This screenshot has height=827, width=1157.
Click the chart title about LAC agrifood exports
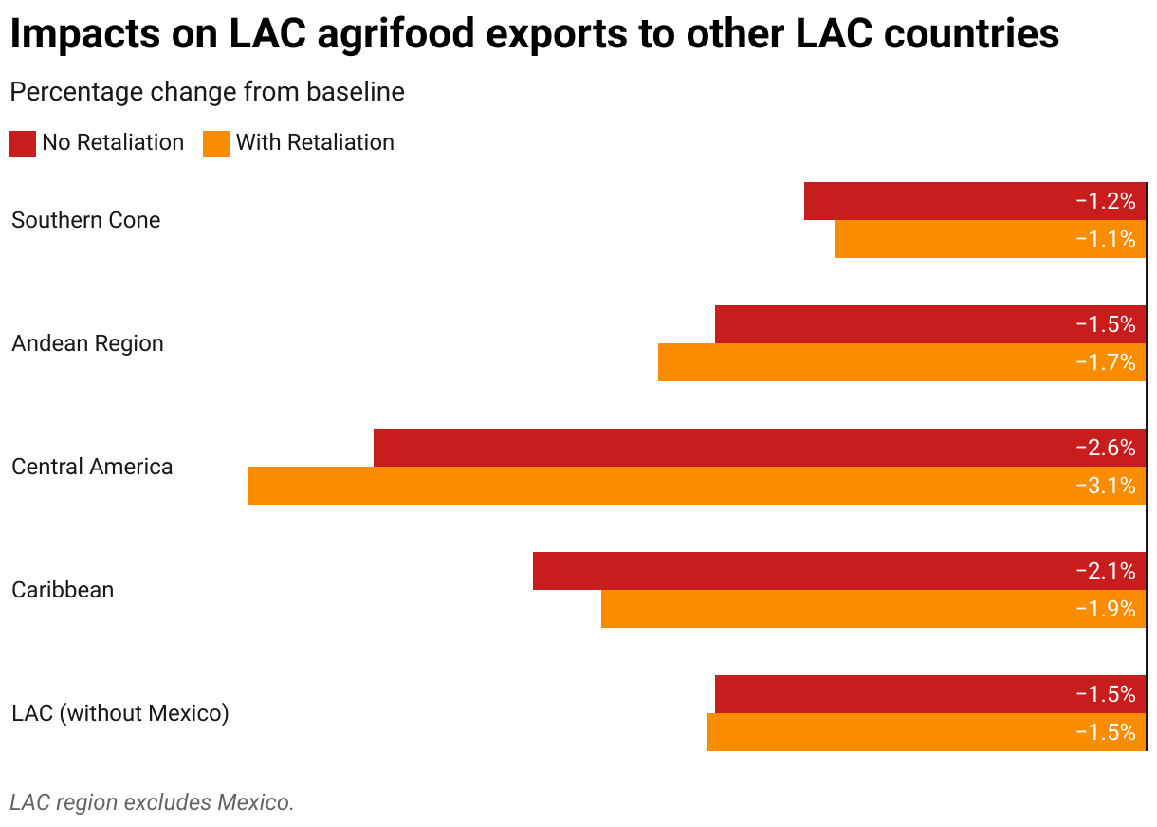pos(534,35)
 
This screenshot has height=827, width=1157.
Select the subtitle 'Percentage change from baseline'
pos(207,92)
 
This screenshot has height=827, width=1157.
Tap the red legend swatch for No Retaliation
pos(23,143)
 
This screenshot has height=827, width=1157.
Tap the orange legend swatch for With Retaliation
pos(216,143)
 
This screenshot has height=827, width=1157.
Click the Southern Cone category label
pos(86,220)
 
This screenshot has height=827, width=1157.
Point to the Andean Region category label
pos(87,343)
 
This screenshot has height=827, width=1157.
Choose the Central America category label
pos(92,467)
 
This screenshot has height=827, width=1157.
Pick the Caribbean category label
pos(63,590)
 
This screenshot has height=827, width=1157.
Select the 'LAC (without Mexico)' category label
pos(120,713)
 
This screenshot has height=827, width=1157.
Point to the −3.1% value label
pos(1106,486)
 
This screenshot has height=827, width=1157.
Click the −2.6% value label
pos(1106,448)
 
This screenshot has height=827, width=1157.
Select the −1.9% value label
pos(1106,609)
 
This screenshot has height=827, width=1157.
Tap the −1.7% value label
pos(1106,362)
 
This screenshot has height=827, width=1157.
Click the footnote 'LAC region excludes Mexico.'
pos(152,802)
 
